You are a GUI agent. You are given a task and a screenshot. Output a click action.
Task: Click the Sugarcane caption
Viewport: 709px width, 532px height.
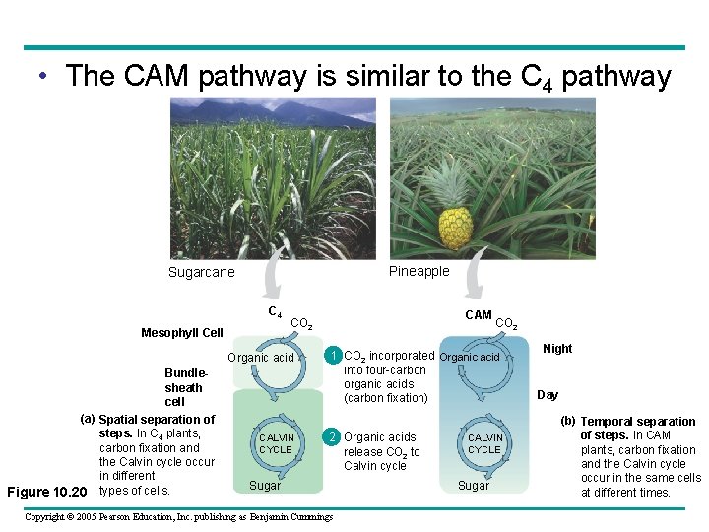click(x=201, y=273)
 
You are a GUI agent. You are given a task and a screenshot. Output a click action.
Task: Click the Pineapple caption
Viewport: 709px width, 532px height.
click(x=419, y=271)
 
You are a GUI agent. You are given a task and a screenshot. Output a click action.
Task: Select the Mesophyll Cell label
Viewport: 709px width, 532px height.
click(x=181, y=333)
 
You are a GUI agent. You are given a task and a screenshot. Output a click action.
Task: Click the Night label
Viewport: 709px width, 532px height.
click(x=557, y=349)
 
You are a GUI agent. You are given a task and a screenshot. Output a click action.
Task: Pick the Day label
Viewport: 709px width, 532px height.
click(x=548, y=395)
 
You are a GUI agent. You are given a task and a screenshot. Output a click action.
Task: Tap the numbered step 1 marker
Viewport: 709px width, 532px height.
click(x=334, y=356)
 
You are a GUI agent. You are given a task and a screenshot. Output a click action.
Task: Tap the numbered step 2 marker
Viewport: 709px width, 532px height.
click(x=334, y=437)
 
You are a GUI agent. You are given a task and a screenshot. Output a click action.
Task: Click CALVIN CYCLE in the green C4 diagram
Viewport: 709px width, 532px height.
click(x=276, y=444)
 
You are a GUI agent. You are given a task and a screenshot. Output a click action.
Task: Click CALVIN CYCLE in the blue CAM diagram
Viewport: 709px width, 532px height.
click(x=484, y=444)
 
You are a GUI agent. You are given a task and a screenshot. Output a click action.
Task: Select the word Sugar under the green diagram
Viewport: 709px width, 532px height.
click(x=265, y=486)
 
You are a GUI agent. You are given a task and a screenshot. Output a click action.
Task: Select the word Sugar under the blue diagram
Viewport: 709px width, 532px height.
click(x=474, y=486)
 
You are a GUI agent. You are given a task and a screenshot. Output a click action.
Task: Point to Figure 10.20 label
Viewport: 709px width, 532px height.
click(x=47, y=491)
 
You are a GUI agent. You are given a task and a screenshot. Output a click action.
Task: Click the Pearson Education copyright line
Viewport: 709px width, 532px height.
click(x=178, y=516)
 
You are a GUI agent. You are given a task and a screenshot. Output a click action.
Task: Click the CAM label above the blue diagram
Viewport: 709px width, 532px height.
click(x=478, y=315)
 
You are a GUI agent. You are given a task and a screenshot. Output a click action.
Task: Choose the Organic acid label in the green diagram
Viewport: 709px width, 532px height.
click(x=261, y=358)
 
